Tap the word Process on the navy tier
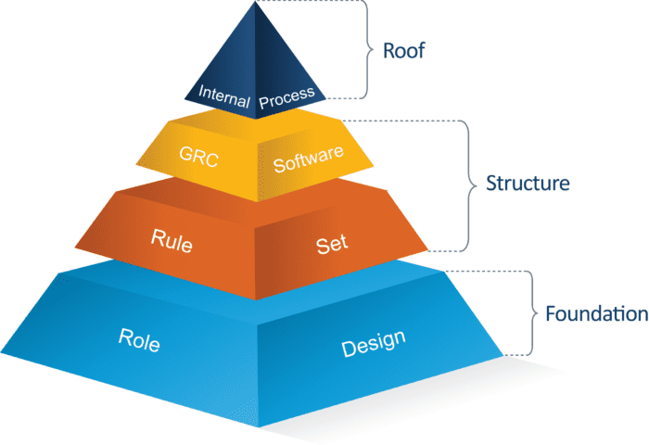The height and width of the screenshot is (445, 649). point(287,95)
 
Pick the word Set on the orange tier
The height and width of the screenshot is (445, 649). point(331,243)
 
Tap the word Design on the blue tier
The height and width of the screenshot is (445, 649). point(373,344)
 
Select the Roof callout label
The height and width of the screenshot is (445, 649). point(403,50)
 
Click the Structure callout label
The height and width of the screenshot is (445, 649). point(527,184)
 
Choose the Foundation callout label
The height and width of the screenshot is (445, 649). point(596,313)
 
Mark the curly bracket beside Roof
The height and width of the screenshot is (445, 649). point(364,49)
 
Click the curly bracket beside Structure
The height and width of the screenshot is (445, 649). point(468,184)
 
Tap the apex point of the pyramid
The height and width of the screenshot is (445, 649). point(255,3)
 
